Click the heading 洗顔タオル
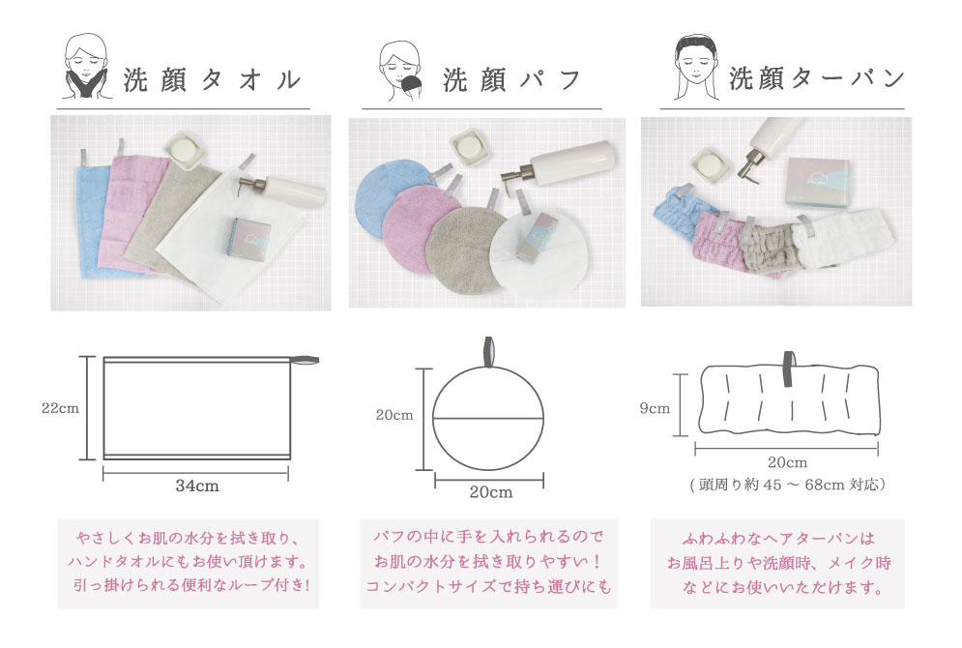point(213,80)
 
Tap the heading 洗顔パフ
point(511,79)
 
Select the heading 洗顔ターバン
point(817,78)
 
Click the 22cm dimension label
point(60,408)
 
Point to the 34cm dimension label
point(197,486)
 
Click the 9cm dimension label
point(655,409)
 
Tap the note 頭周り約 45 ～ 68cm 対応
point(788,485)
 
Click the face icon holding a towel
point(86,67)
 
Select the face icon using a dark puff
point(400,72)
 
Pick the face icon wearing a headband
point(696,67)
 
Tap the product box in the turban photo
point(818,183)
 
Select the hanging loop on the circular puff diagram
point(489,352)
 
